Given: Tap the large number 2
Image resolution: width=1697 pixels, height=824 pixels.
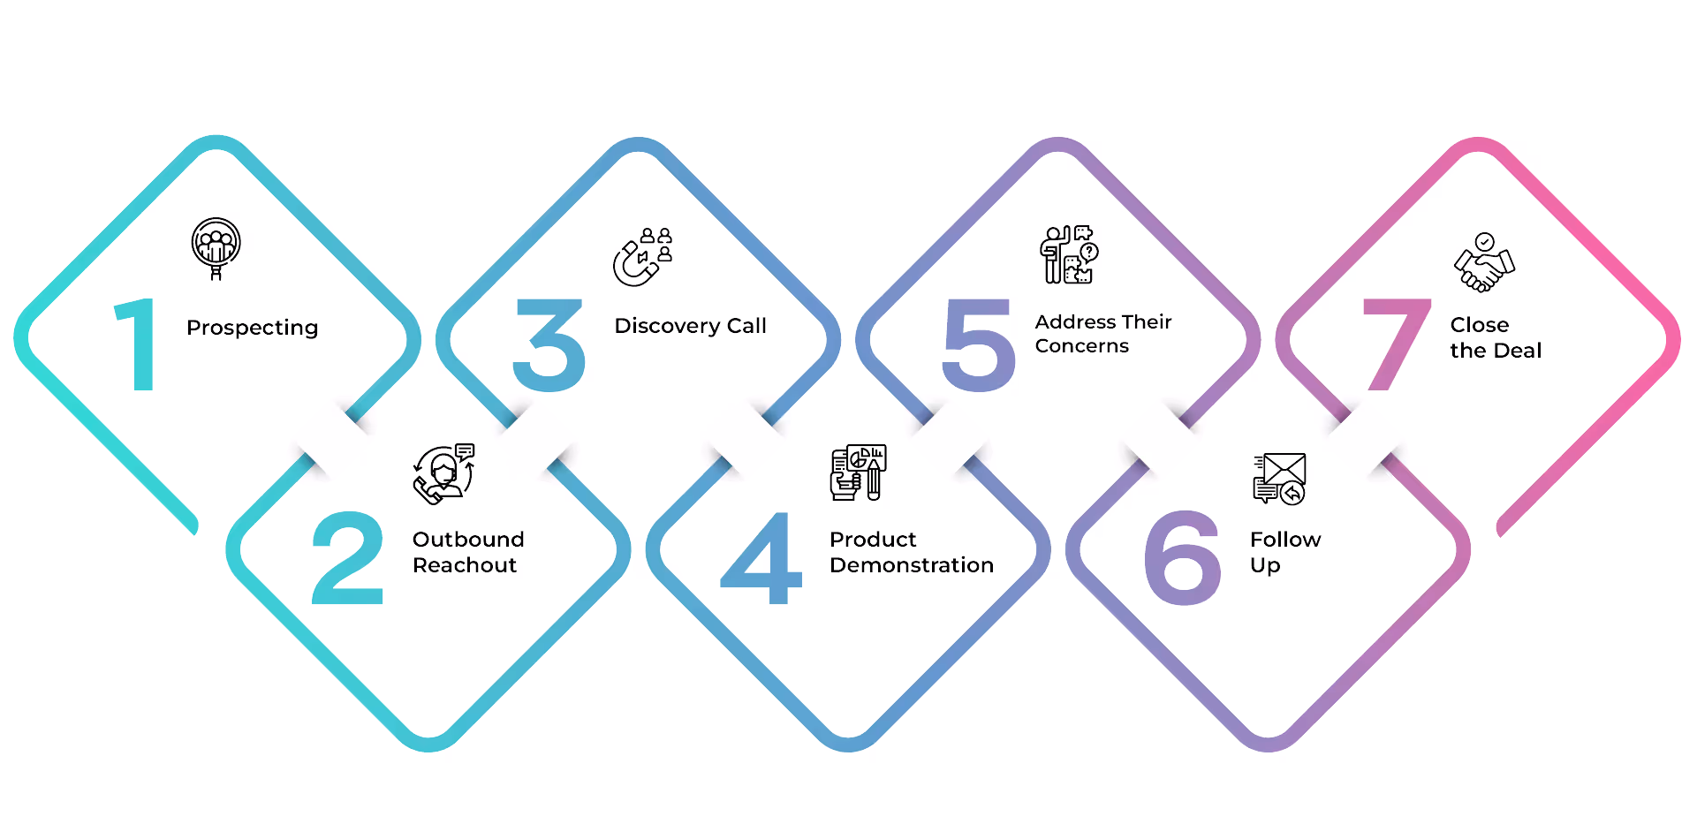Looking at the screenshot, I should tap(348, 558).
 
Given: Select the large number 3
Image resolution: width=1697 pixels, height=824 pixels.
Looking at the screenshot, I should tap(549, 345).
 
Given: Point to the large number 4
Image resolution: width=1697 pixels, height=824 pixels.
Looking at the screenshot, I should tap(761, 558).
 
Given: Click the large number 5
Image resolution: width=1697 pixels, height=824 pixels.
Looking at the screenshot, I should tap(978, 345).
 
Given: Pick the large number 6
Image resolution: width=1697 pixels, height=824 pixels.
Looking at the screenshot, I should tap(1182, 558).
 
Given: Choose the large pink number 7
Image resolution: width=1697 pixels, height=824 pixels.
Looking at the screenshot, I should tap(1396, 345).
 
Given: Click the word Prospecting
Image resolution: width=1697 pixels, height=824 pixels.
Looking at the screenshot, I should tap(252, 328).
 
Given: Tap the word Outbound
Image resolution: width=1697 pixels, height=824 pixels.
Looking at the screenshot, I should tap(468, 539).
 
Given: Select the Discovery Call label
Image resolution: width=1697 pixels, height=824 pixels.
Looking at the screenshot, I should tap(690, 326).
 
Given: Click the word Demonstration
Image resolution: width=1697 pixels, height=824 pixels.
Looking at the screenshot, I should tap(911, 565).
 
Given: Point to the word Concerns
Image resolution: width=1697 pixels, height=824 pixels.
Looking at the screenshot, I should tap(1081, 346).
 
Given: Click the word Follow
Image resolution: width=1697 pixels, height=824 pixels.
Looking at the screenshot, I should tap(1285, 539).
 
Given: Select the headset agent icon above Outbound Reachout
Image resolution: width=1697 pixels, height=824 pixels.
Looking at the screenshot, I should tap(443, 473).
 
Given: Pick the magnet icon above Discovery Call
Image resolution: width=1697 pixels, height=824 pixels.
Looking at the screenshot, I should tap(642, 257).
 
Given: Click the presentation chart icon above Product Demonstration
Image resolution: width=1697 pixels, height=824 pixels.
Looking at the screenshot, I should tap(858, 472).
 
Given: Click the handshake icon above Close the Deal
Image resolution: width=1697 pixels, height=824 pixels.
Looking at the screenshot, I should tap(1484, 262).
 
